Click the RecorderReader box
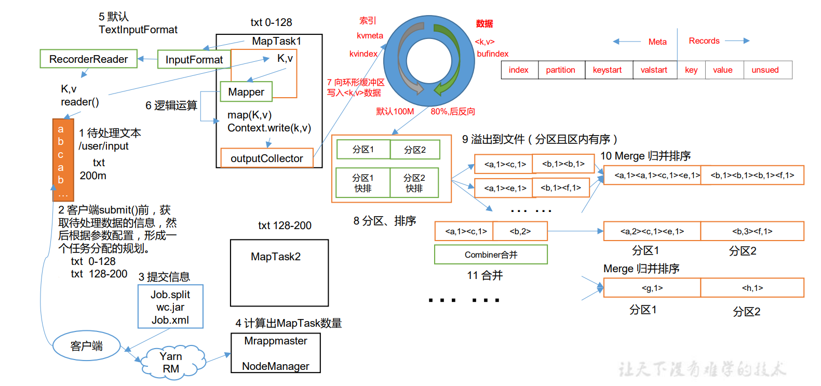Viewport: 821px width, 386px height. [x=88, y=59]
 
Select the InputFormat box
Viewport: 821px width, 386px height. [x=194, y=60]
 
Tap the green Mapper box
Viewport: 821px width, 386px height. [x=246, y=92]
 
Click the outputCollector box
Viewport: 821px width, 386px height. [x=267, y=158]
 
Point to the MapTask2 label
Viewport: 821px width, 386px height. [x=276, y=257]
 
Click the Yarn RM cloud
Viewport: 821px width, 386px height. [x=171, y=363]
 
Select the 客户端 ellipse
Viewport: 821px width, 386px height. [x=86, y=346]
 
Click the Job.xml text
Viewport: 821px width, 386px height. [x=170, y=320]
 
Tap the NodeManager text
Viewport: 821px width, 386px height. [x=276, y=366]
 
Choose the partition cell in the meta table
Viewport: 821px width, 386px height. [x=561, y=70]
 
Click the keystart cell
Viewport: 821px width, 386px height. [x=608, y=70]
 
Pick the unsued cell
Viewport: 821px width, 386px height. [x=765, y=70]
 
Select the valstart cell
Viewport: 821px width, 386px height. [x=654, y=70]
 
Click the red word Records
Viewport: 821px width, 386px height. [x=704, y=41]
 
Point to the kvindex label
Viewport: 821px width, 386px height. [x=364, y=54]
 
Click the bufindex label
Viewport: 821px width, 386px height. [x=493, y=54]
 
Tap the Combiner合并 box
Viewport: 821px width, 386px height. [x=491, y=255]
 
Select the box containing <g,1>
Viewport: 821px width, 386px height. [x=652, y=288]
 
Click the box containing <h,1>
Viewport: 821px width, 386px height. [x=752, y=288]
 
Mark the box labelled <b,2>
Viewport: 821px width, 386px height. [x=520, y=231]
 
